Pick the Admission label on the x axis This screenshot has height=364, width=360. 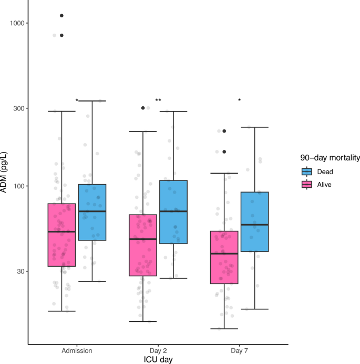(77, 350)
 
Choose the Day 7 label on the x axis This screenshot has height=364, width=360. (239, 350)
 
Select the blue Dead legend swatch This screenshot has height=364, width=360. (306, 171)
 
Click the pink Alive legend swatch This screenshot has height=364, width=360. (306, 185)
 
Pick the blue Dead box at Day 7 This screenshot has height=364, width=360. (255, 221)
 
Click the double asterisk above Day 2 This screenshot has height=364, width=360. (158, 100)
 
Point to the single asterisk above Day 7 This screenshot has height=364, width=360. (239, 100)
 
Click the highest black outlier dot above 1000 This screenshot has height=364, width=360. (61, 16)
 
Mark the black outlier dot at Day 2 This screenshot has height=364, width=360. (143, 108)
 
